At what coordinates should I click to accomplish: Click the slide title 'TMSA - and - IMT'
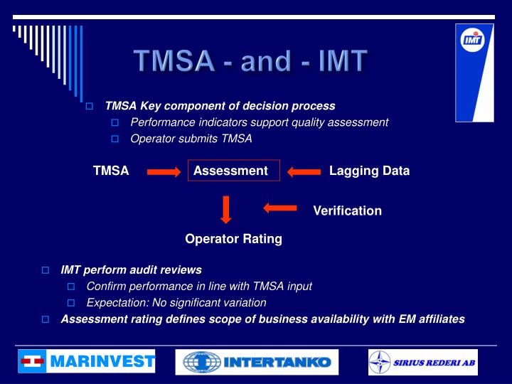(x=252, y=61)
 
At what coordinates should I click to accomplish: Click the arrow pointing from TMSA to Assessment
(x=164, y=171)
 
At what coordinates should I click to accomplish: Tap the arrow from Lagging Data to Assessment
(x=304, y=171)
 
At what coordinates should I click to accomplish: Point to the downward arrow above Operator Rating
(x=226, y=210)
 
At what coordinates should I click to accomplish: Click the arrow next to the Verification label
(x=279, y=208)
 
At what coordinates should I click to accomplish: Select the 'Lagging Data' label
(x=369, y=171)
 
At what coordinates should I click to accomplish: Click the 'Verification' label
(x=347, y=210)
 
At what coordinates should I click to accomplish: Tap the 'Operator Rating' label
(x=233, y=239)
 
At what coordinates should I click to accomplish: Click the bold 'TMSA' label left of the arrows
(x=111, y=171)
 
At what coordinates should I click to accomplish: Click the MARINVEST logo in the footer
(x=87, y=362)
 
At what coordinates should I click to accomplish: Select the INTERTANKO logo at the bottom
(x=257, y=362)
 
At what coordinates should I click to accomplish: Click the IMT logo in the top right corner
(x=474, y=71)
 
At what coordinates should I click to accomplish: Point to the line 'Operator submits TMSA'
(x=191, y=139)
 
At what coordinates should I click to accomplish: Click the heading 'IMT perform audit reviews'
(x=131, y=270)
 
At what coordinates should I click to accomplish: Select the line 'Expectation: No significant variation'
(x=176, y=302)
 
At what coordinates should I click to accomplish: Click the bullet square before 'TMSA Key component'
(x=90, y=107)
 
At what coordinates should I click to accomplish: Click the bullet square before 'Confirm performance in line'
(x=71, y=287)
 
